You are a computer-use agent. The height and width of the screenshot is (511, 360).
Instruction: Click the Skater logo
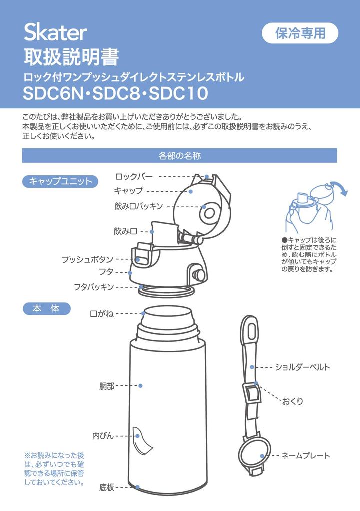[x=55, y=33]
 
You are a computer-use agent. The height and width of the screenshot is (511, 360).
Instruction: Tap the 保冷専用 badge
[x=300, y=33]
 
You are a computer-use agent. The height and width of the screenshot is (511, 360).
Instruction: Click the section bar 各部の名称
[x=179, y=156]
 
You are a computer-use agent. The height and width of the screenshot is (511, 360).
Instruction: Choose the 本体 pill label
[x=47, y=309]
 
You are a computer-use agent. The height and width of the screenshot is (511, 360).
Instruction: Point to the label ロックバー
[x=134, y=176]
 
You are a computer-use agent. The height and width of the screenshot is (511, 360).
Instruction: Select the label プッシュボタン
[x=87, y=259]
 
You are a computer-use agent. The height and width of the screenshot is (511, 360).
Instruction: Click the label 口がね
[x=102, y=314]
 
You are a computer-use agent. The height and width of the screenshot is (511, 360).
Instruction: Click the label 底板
[x=107, y=487]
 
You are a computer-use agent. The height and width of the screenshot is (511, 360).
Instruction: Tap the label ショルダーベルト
[x=302, y=367]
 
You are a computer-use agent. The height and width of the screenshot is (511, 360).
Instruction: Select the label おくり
[x=293, y=401]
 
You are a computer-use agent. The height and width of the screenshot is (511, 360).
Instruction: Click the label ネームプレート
[x=305, y=456]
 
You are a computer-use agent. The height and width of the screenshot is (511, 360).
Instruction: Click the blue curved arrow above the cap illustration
[x=341, y=190]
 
